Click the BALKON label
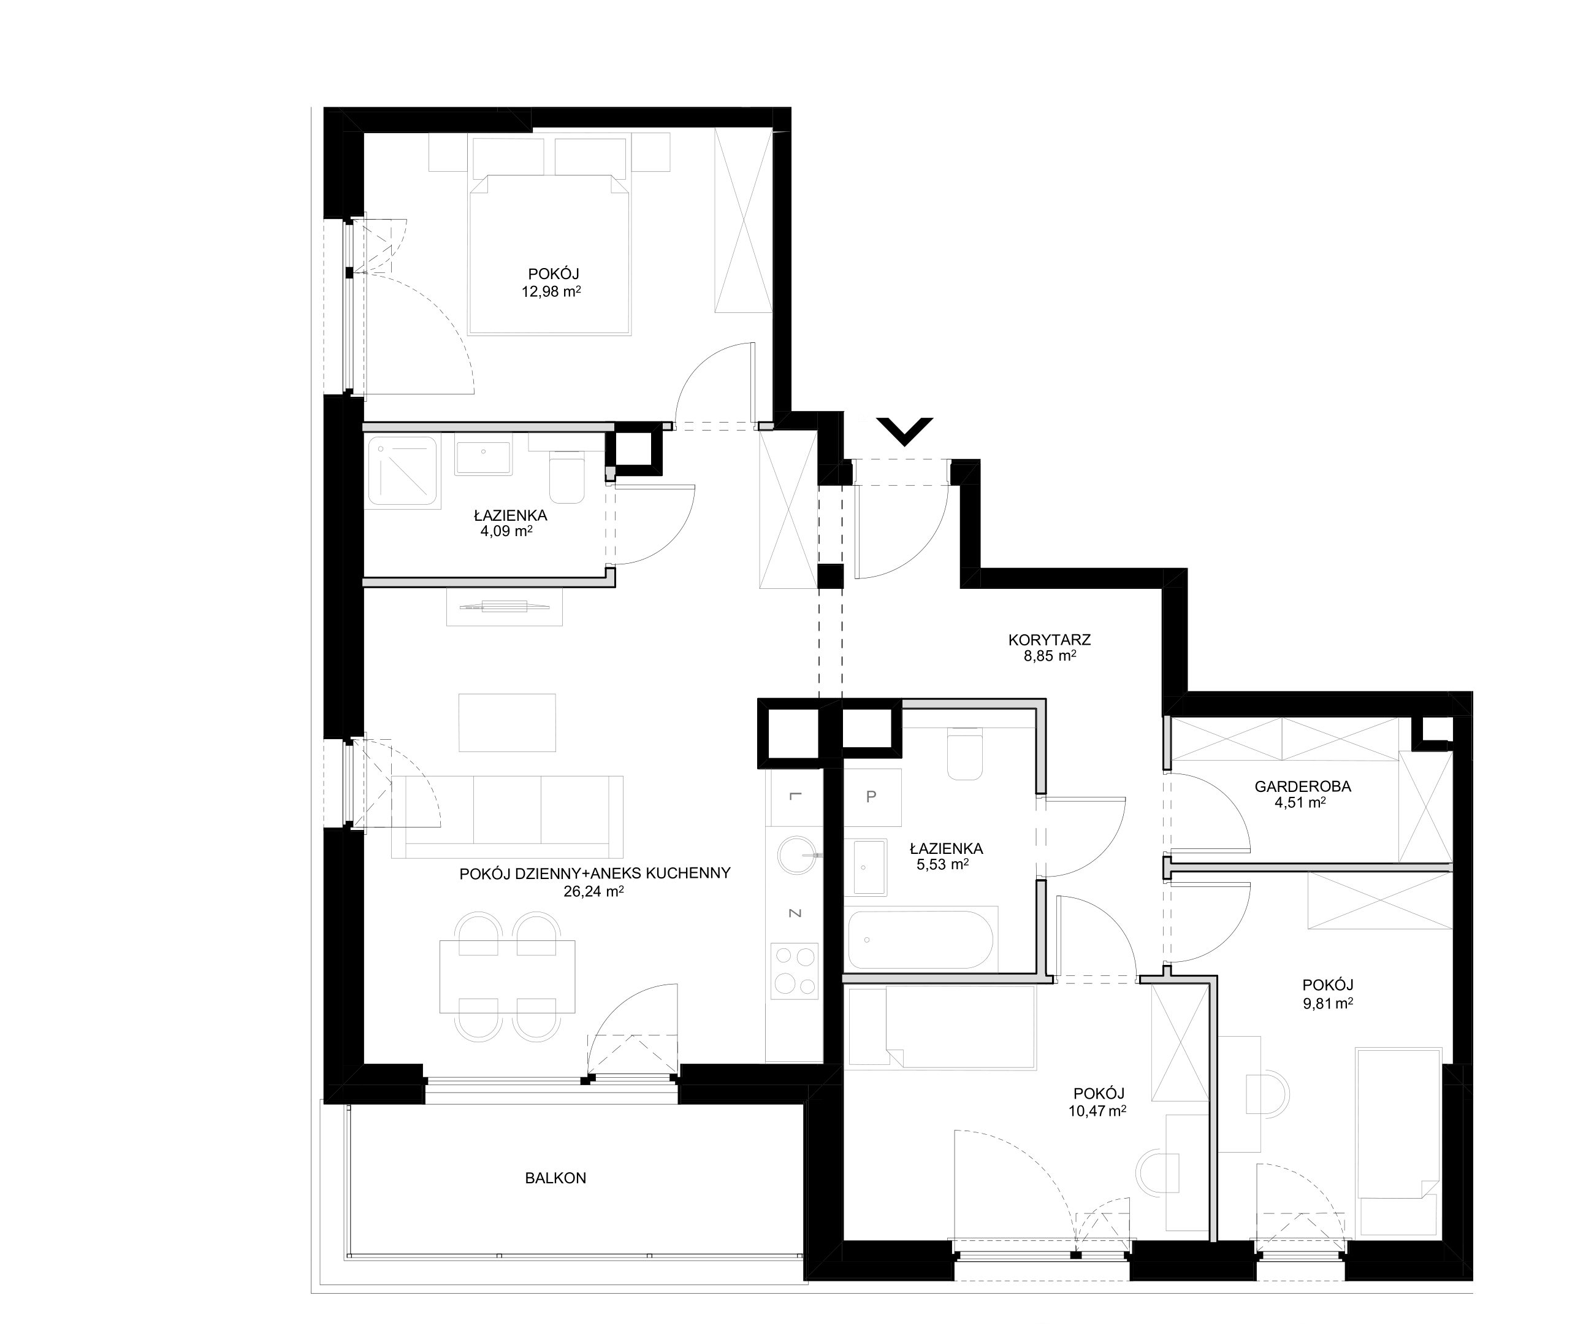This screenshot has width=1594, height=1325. [x=555, y=1178]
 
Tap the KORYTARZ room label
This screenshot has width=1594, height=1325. [x=1049, y=640]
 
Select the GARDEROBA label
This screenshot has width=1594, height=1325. [x=1303, y=786]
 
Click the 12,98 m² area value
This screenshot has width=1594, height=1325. [x=551, y=291]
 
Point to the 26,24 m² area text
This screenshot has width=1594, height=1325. [x=593, y=891]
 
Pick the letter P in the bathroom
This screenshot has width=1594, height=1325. [x=871, y=796]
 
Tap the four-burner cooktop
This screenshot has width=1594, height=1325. [x=794, y=970]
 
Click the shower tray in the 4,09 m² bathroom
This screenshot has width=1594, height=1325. [x=403, y=470]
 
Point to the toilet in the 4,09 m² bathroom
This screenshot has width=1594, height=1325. [x=566, y=477]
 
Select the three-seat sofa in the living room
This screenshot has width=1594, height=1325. [x=507, y=817]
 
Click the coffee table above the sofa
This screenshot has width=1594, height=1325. [x=507, y=722]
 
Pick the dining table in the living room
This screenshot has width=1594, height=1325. [x=507, y=977]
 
